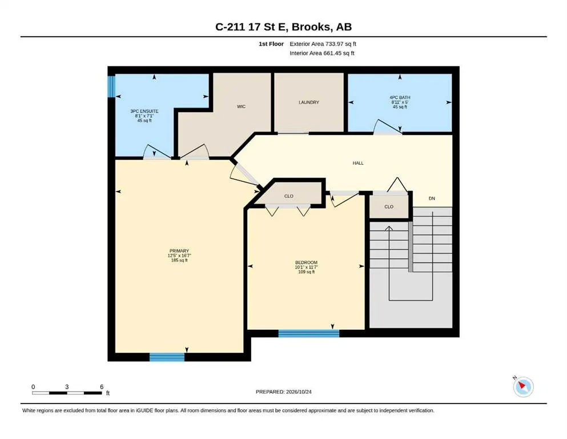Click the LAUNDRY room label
click(x=309, y=102)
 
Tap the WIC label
click(x=241, y=106)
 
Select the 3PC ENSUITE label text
click(x=144, y=111)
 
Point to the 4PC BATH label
click(x=400, y=97)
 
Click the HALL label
click(x=358, y=163)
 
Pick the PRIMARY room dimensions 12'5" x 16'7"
click(x=179, y=256)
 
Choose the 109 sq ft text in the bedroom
click(x=306, y=272)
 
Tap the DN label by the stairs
click(x=432, y=198)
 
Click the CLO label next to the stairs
click(x=389, y=207)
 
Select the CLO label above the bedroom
click(x=288, y=196)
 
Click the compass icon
click(x=523, y=386)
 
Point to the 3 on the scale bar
click(x=67, y=387)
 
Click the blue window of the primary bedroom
click(x=167, y=357)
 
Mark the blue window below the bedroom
click(x=309, y=333)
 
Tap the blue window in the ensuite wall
click(x=111, y=86)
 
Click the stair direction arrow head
click(x=389, y=229)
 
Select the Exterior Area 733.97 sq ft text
click(x=323, y=44)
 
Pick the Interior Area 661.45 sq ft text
click(x=322, y=53)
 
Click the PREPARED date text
click(x=283, y=392)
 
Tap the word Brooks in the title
click(x=311, y=27)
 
